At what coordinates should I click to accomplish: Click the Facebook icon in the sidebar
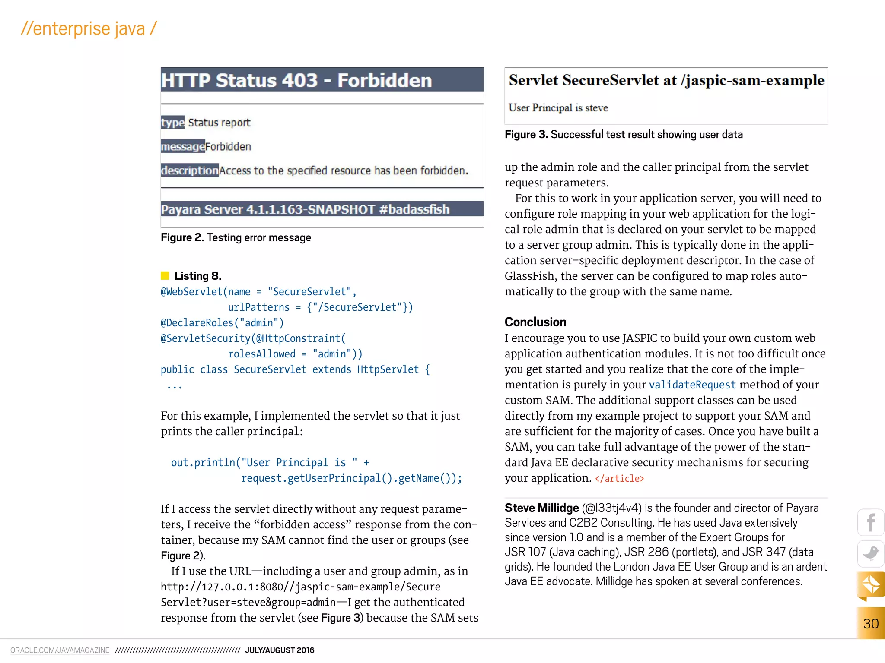point(871,523)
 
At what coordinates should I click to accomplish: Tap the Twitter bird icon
point(871,553)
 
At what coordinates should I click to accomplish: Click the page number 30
point(871,623)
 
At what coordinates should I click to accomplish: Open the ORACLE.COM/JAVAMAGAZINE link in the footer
point(60,650)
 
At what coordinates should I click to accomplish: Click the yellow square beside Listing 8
point(165,275)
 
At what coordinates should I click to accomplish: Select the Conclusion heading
point(535,322)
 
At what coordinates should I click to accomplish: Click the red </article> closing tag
point(619,478)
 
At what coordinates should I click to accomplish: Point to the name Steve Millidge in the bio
point(541,508)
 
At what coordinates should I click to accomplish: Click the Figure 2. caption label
point(182,237)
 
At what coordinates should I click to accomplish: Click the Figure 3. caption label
point(526,134)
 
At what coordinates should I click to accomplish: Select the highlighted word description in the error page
point(190,170)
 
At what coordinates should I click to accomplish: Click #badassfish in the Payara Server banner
point(414,209)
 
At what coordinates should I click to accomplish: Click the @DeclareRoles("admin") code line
point(222,323)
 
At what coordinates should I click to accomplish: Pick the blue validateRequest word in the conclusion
point(692,385)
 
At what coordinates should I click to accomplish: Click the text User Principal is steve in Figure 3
point(558,107)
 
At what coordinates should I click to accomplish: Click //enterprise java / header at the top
point(89,29)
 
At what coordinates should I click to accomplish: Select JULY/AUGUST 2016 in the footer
point(280,650)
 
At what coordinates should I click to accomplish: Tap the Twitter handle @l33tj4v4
point(611,508)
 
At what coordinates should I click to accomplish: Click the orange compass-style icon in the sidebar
point(871,585)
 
